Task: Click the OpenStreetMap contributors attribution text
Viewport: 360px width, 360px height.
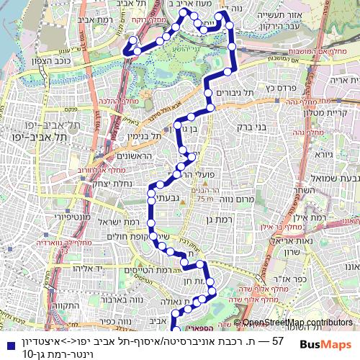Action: pos(297,323)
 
